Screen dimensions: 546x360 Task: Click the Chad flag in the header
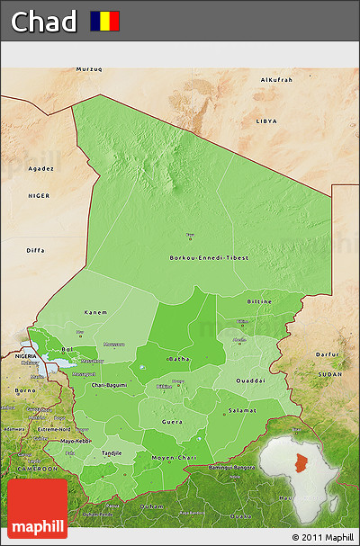[x=104, y=21]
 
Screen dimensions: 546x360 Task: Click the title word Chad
[x=43, y=22]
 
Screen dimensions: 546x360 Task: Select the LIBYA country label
[x=266, y=120]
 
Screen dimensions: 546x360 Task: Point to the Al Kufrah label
[x=276, y=80]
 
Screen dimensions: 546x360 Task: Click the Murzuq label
[x=89, y=69]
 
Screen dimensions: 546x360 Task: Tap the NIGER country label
[x=39, y=195]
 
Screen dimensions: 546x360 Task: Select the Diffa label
[x=36, y=250]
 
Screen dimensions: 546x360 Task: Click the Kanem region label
[x=96, y=312]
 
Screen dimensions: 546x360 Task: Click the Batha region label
[x=177, y=359]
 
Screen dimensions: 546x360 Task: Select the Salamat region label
[x=242, y=410]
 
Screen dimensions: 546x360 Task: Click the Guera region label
[x=172, y=420]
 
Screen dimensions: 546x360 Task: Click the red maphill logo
[x=37, y=508]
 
